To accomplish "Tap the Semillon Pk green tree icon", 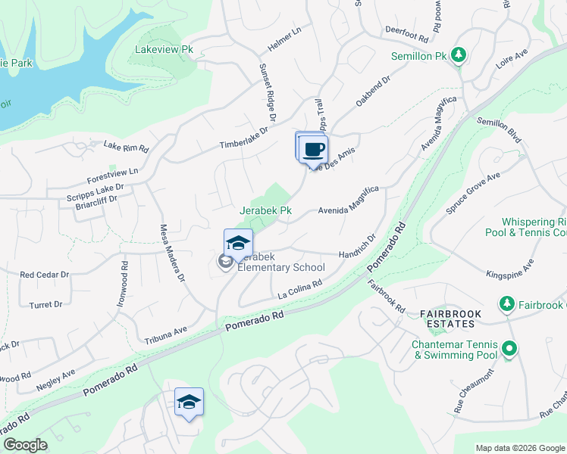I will [x=458, y=54].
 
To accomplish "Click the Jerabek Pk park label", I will [x=265, y=210].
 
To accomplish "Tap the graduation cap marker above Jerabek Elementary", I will [x=238, y=243].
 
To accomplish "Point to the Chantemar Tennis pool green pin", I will [x=509, y=349].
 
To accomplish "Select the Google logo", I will [x=25, y=445].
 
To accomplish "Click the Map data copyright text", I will [x=519, y=448].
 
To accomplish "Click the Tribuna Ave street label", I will [x=164, y=331].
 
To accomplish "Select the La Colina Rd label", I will [x=299, y=288].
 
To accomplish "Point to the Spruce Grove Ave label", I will [x=473, y=192].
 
